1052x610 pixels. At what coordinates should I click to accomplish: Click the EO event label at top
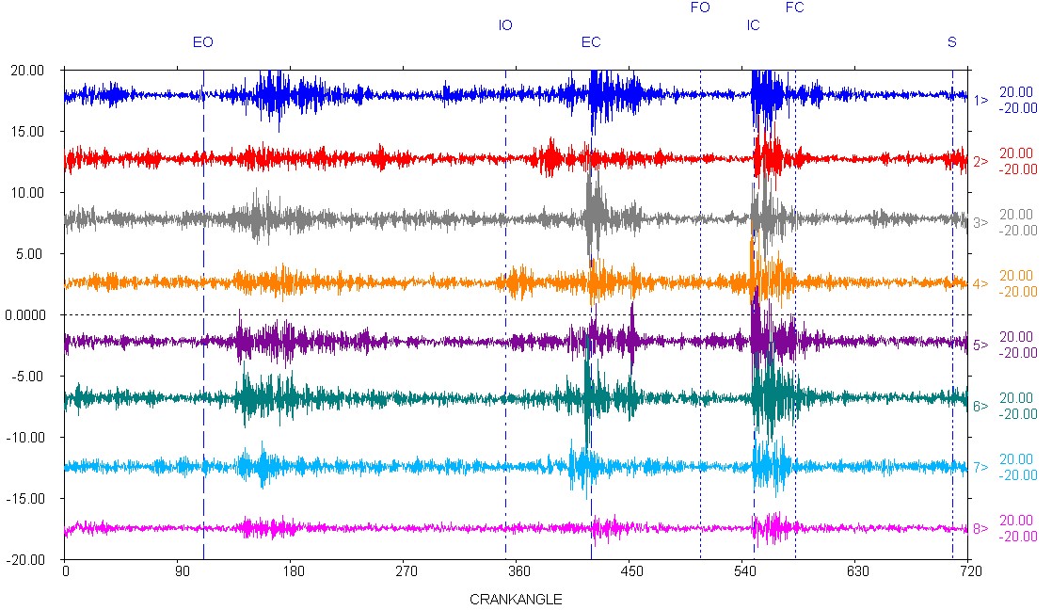pyautogui.click(x=203, y=42)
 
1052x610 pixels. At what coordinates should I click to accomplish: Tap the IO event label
pyautogui.click(x=505, y=25)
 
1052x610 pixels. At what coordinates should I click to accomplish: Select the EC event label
pyautogui.click(x=591, y=42)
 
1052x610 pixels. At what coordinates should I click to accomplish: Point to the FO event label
pyautogui.click(x=700, y=8)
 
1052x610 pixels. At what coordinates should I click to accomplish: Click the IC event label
pyautogui.click(x=753, y=25)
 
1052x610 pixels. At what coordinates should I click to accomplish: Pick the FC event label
pyautogui.click(x=795, y=8)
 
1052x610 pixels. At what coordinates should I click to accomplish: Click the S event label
pyautogui.click(x=952, y=42)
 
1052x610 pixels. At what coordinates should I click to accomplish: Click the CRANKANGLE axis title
pyautogui.click(x=516, y=599)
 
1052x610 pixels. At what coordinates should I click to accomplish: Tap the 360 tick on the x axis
pyautogui.click(x=518, y=570)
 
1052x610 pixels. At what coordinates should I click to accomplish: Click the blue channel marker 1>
pyautogui.click(x=980, y=101)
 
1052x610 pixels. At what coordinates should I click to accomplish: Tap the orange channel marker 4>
pyautogui.click(x=980, y=284)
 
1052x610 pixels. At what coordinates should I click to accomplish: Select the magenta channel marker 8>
pyautogui.click(x=980, y=529)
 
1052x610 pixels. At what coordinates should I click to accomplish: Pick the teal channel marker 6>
pyautogui.click(x=980, y=407)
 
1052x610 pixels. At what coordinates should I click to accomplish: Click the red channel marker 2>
pyautogui.click(x=980, y=162)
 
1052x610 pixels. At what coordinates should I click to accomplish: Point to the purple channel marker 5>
pyautogui.click(x=980, y=345)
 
